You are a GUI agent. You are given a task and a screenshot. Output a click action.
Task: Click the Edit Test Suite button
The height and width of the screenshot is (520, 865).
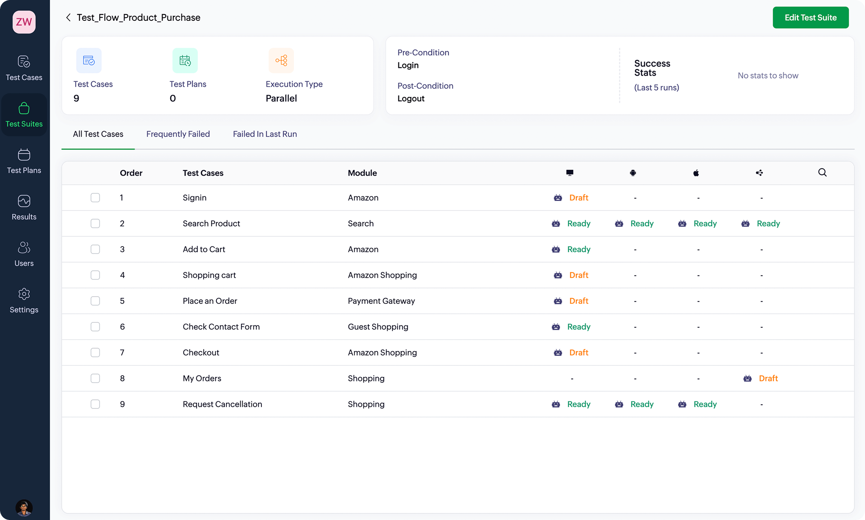coord(810,17)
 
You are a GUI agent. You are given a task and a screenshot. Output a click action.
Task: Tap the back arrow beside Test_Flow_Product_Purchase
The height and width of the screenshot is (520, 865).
coord(68,17)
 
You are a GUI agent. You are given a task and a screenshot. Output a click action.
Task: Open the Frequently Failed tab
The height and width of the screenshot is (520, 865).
coord(178,134)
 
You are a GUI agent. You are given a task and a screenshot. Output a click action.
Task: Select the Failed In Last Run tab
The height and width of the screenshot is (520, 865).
coord(265,134)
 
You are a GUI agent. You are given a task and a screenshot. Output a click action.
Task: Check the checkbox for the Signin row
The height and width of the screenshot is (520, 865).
coord(95,198)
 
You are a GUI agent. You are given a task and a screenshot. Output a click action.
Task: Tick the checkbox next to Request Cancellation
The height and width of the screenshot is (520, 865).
coord(95,404)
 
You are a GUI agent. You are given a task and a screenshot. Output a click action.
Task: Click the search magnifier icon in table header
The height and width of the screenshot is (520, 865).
coord(822,173)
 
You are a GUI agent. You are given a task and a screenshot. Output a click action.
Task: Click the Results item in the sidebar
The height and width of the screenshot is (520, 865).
coord(24,208)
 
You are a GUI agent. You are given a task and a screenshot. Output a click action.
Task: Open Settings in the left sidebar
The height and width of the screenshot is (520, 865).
coord(24,300)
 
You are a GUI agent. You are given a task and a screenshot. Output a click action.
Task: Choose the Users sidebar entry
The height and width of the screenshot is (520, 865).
coord(24,254)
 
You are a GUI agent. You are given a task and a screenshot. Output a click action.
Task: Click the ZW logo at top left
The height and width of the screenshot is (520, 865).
coord(24,22)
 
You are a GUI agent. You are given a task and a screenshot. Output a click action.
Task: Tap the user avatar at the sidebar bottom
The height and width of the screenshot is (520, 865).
coord(24,508)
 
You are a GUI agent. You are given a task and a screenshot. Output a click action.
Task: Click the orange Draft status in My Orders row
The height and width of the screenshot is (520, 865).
coord(768,378)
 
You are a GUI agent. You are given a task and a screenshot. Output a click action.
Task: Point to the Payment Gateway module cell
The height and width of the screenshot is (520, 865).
coord(381,301)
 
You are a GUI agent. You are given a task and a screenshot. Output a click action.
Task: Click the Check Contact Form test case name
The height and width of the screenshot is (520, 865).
coord(221,327)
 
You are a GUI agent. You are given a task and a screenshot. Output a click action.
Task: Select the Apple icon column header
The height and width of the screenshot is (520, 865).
coord(696,173)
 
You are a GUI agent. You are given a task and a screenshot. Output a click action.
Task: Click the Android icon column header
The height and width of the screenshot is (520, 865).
coord(633,173)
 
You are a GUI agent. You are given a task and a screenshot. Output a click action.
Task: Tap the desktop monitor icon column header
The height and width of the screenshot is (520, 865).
coord(570,173)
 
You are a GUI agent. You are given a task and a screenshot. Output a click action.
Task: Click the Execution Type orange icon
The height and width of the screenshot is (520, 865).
coord(281,60)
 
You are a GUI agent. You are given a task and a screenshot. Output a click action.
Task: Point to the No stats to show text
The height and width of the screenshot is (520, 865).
coord(768,75)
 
